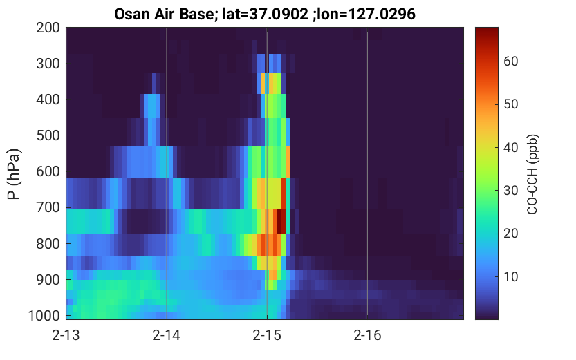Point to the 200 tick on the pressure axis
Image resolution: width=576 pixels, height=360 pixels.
pyautogui.click(x=48, y=28)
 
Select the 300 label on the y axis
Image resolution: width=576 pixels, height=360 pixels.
pyautogui.click(x=48, y=64)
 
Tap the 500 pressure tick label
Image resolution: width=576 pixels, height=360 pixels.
pyautogui.click(x=48, y=135)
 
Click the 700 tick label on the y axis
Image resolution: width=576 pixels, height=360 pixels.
pyautogui.click(x=48, y=207)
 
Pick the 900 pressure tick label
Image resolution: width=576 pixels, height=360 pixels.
pyautogui.click(x=48, y=280)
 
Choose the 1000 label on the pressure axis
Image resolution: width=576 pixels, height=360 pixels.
pyautogui.click(x=44, y=315)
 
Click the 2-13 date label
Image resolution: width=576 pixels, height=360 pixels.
pyautogui.click(x=66, y=335)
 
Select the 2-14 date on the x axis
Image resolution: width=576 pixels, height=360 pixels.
pyautogui.click(x=167, y=335)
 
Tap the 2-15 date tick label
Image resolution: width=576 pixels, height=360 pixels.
pyautogui.click(x=267, y=335)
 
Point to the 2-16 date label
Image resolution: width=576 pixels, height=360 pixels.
pyautogui.click(x=367, y=335)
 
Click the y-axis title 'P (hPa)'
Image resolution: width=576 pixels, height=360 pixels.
pyautogui.click(x=14, y=174)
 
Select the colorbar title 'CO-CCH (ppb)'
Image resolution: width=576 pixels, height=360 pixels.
pyautogui.click(x=532, y=174)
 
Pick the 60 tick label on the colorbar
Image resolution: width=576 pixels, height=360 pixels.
pyautogui.click(x=510, y=61)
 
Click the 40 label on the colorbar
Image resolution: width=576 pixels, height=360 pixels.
pyautogui.click(x=510, y=147)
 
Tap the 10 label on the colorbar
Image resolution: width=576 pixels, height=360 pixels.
pyautogui.click(x=510, y=276)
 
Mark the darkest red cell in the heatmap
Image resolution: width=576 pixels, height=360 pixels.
pyautogui.click(x=281, y=221)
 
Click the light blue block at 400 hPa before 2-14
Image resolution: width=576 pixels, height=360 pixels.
pyautogui.click(x=151, y=106)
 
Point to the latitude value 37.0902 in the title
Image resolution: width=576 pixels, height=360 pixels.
pyautogui.click(x=279, y=15)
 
